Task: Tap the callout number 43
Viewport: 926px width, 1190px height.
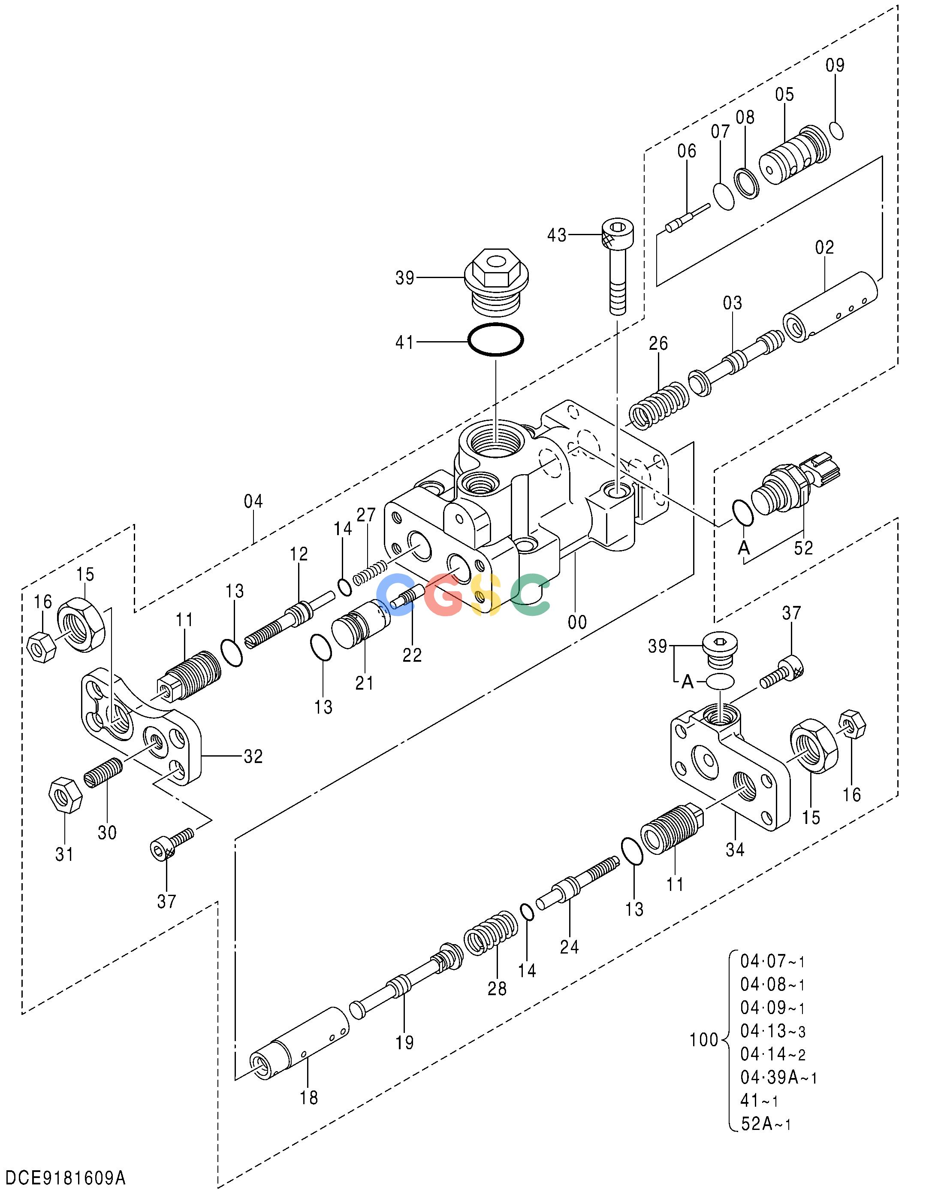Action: [x=557, y=236]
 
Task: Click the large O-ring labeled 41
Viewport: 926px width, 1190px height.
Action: [x=496, y=339]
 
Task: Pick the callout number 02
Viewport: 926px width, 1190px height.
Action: [x=825, y=247]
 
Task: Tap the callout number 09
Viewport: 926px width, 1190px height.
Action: [x=835, y=65]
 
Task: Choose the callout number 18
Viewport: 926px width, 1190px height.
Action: [x=309, y=1097]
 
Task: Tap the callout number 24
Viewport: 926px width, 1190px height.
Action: [x=569, y=947]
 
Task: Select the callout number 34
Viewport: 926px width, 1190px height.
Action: [x=735, y=849]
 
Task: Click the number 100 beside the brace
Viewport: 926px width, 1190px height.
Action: [x=704, y=1040]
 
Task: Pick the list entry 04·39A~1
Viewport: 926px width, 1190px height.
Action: [x=778, y=1077]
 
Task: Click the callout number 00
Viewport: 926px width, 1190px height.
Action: [x=577, y=622]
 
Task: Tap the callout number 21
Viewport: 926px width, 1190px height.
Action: [x=365, y=683]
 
